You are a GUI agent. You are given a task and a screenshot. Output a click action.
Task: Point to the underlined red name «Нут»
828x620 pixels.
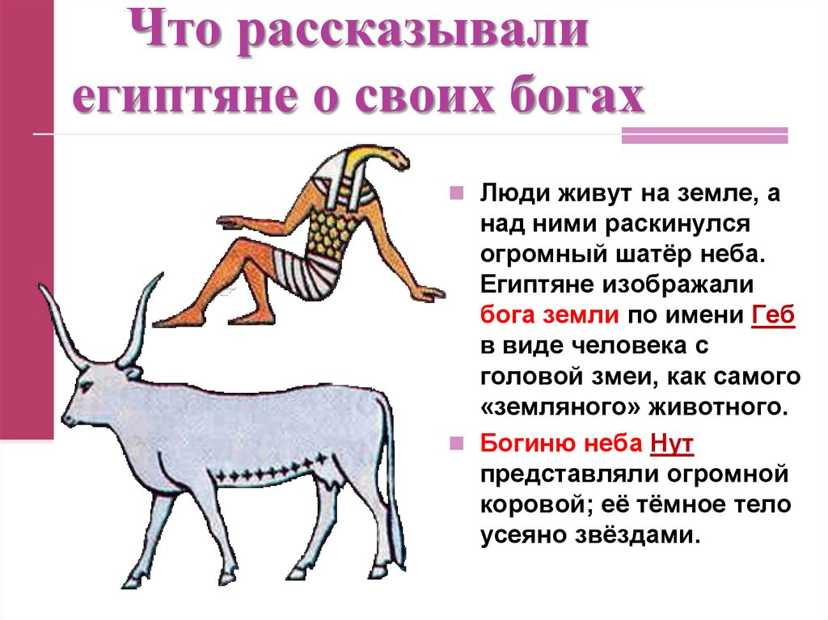pos(671,443)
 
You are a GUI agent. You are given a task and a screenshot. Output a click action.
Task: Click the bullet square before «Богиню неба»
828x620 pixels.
pos(457,444)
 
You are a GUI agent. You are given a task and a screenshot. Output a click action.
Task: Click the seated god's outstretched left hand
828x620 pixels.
pos(230,220)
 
